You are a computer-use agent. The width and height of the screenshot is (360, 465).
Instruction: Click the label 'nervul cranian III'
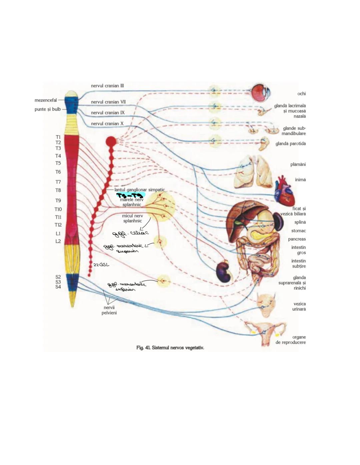click(107, 86)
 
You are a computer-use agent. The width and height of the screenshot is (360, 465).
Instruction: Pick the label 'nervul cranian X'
click(107, 124)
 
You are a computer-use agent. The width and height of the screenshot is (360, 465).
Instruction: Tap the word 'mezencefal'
click(46, 100)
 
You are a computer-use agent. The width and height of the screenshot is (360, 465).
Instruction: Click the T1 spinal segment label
click(58, 137)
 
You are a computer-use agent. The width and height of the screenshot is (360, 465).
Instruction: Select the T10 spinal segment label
click(58, 209)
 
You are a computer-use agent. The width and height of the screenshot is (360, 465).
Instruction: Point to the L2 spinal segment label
click(58, 241)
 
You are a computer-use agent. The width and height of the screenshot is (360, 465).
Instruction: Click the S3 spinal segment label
click(58, 282)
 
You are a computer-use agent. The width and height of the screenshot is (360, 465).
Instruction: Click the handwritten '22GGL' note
click(101, 265)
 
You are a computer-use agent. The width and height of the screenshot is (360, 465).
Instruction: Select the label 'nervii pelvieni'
click(109, 310)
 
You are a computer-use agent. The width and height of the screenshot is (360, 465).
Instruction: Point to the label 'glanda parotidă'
click(290, 144)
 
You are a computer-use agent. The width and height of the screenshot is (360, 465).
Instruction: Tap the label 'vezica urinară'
click(300, 306)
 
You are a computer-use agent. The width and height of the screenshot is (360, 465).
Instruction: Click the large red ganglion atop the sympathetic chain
click(111, 142)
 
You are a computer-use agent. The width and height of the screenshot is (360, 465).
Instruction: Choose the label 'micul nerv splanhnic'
click(132, 218)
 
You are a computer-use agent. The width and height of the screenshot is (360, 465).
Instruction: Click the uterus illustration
click(265, 332)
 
